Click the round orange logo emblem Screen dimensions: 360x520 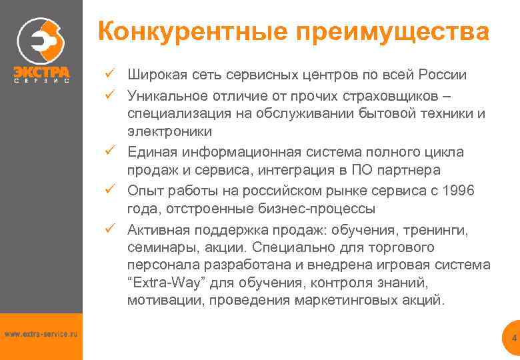41,41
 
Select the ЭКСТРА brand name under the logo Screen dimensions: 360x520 41,71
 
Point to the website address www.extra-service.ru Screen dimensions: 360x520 41,333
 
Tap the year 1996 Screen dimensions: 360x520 459,191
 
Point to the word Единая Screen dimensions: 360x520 149,152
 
